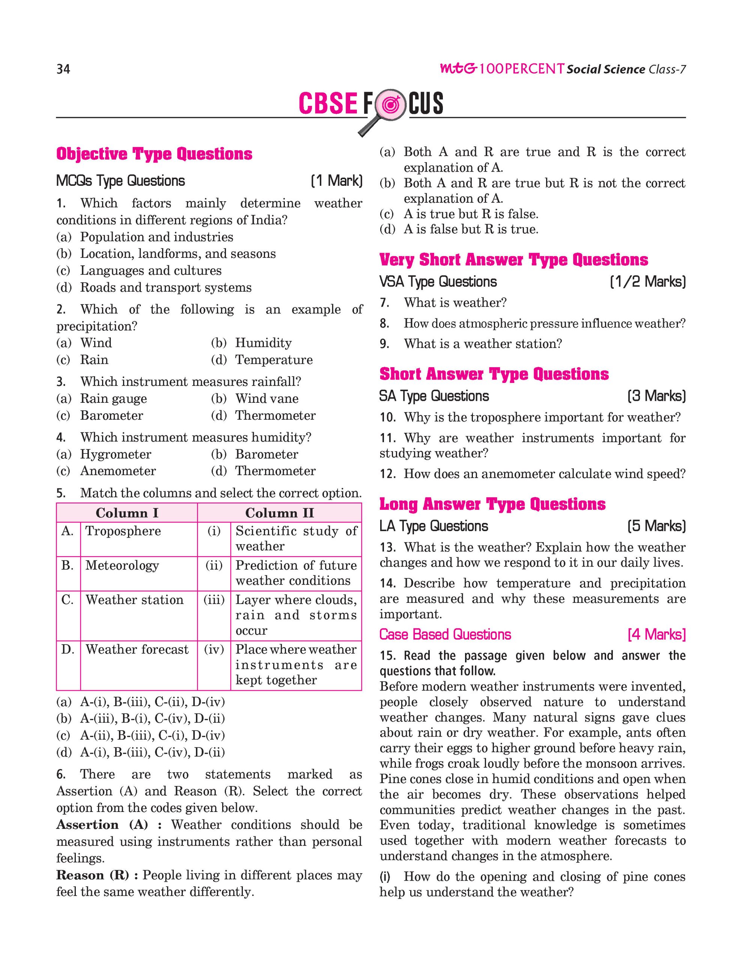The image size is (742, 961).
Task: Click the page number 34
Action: pos(63,69)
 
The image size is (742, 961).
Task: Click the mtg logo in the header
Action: pos(458,69)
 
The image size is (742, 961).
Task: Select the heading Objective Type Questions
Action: pos(154,154)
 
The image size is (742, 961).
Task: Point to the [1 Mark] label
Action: pos(337,181)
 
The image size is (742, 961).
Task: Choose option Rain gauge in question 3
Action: pos(113,399)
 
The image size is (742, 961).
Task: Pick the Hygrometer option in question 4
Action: pos(115,454)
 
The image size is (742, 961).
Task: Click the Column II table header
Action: pos(279,513)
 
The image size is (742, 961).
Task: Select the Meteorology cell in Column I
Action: pos(122,565)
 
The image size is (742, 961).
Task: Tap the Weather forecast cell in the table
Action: pos(137,649)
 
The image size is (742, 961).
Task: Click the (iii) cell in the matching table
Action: pos(214,600)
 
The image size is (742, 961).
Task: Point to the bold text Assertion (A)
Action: pos(102,825)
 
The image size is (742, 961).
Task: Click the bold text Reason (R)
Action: pos(93,875)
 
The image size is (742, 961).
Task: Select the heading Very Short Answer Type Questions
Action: pos(513,260)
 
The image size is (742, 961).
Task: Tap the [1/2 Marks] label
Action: pos(647,282)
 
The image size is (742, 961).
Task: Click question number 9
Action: pos(384,343)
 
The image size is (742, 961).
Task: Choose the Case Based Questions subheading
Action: pos(445,634)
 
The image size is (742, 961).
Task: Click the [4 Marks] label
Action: pos(656,634)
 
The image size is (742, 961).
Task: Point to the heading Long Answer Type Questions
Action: pos(492,504)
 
